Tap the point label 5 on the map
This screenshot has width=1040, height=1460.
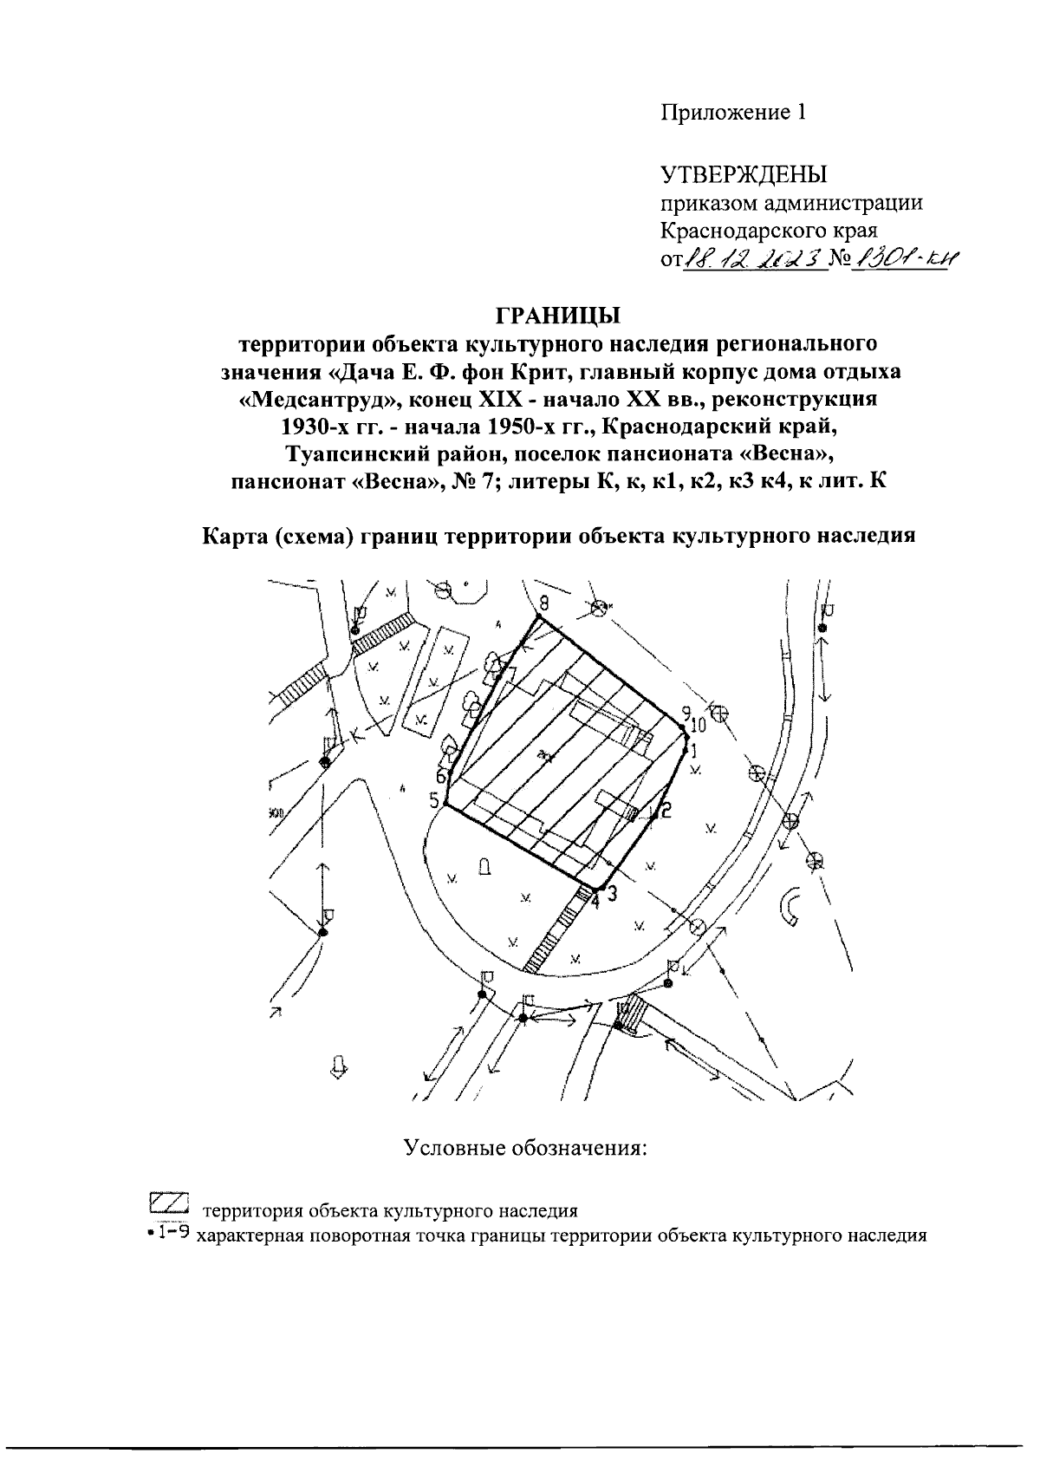click(434, 800)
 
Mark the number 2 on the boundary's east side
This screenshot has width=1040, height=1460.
click(666, 811)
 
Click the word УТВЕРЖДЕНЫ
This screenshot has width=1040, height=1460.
click(744, 175)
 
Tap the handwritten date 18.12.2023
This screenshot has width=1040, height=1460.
click(751, 259)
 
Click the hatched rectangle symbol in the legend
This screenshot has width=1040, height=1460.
click(169, 1203)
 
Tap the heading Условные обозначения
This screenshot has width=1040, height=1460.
click(526, 1149)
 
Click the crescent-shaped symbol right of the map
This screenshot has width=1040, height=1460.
click(792, 906)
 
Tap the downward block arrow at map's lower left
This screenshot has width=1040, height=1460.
click(341, 1066)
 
